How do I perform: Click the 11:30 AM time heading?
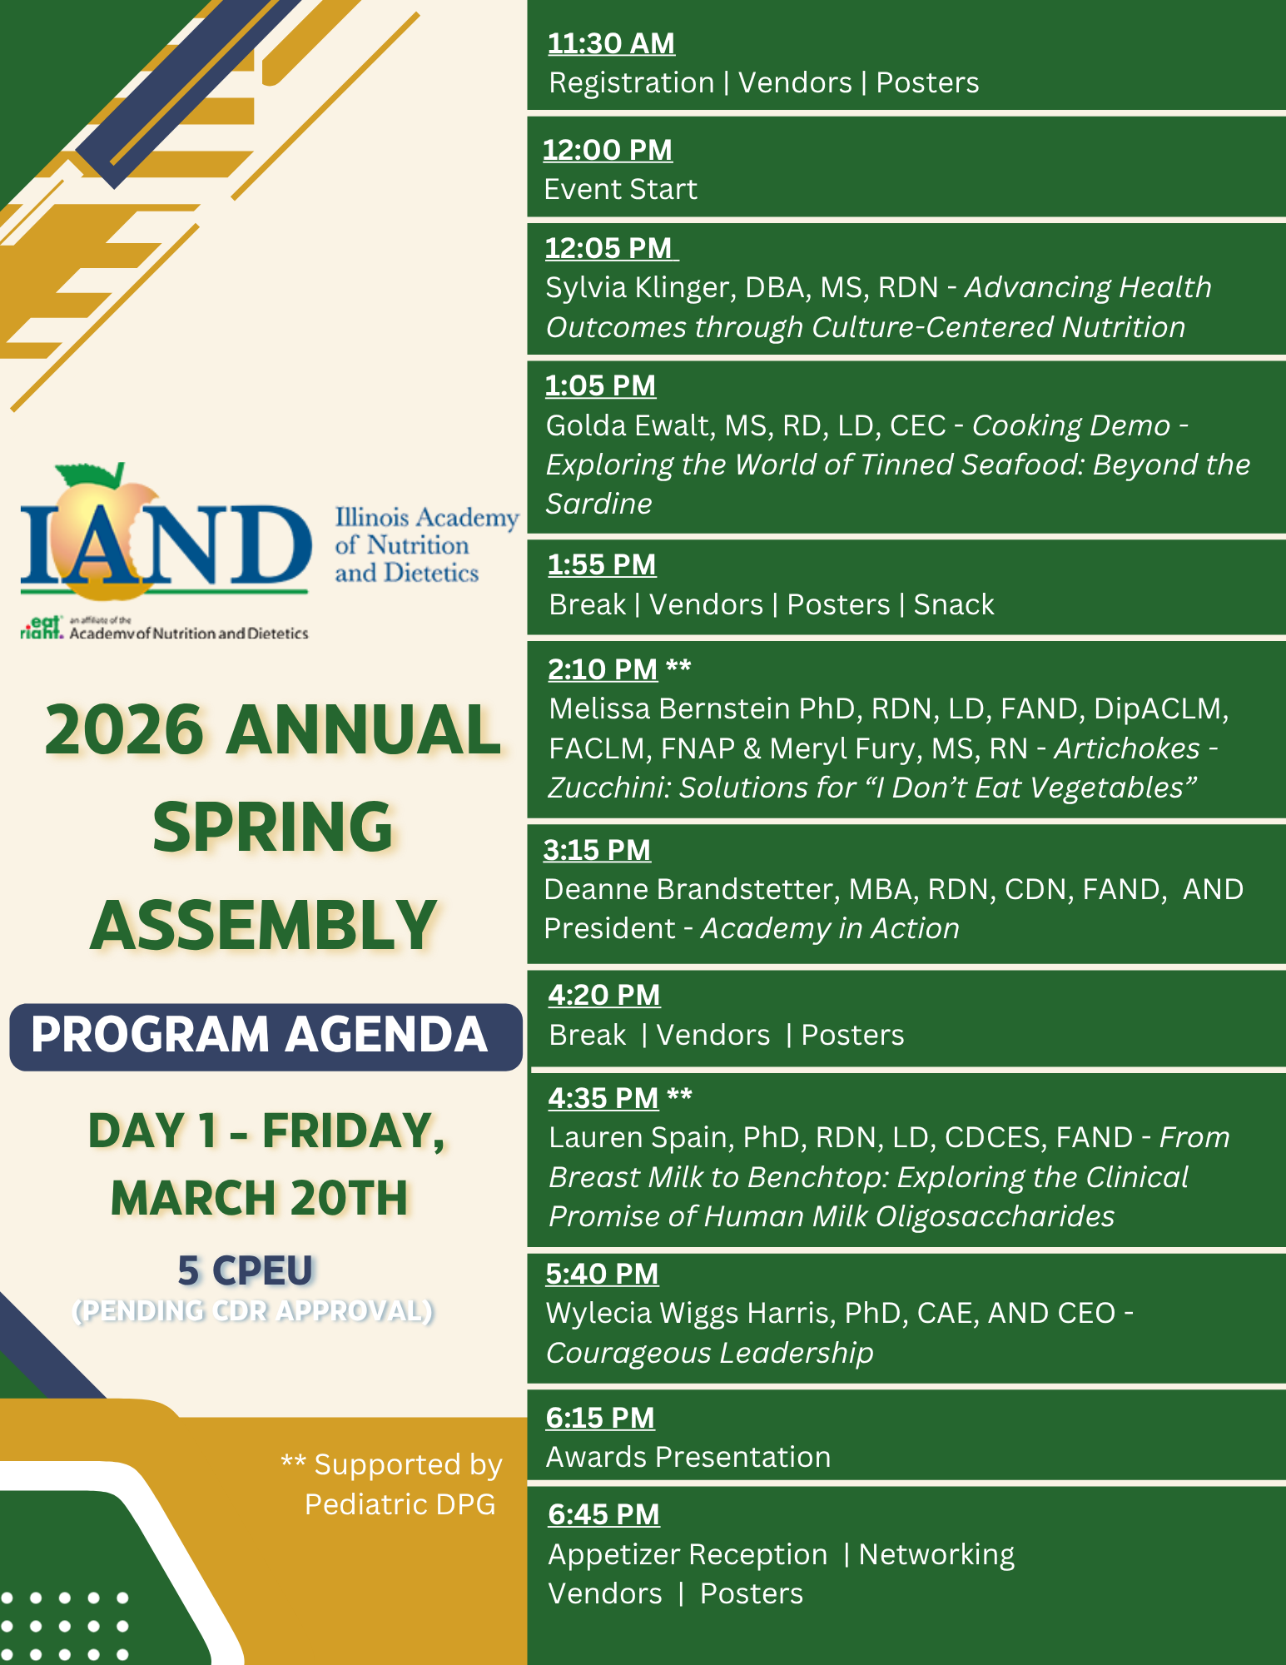click(x=611, y=43)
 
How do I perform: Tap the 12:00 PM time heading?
click(x=608, y=150)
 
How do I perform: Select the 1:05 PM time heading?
click(x=600, y=385)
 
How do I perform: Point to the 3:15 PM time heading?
click(x=597, y=850)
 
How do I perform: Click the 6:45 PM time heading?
click(x=603, y=1514)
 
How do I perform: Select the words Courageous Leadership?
click(x=709, y=1354)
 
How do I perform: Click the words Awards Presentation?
click(x=688, y=1457)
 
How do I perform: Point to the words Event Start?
click(x=620, y=190)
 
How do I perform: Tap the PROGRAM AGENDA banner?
click(x=266, y=1036)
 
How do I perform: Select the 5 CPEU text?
click(x=245, y=1271)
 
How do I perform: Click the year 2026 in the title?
click(x=124, y=730)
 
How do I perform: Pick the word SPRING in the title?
click(x=272, y=828)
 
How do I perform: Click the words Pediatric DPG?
click(x=400, y=1504)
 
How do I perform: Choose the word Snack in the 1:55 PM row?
click(x=954, y=604)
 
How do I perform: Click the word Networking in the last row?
click(x=936, y=1555)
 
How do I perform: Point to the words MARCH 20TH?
click(x=259, y=1199)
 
